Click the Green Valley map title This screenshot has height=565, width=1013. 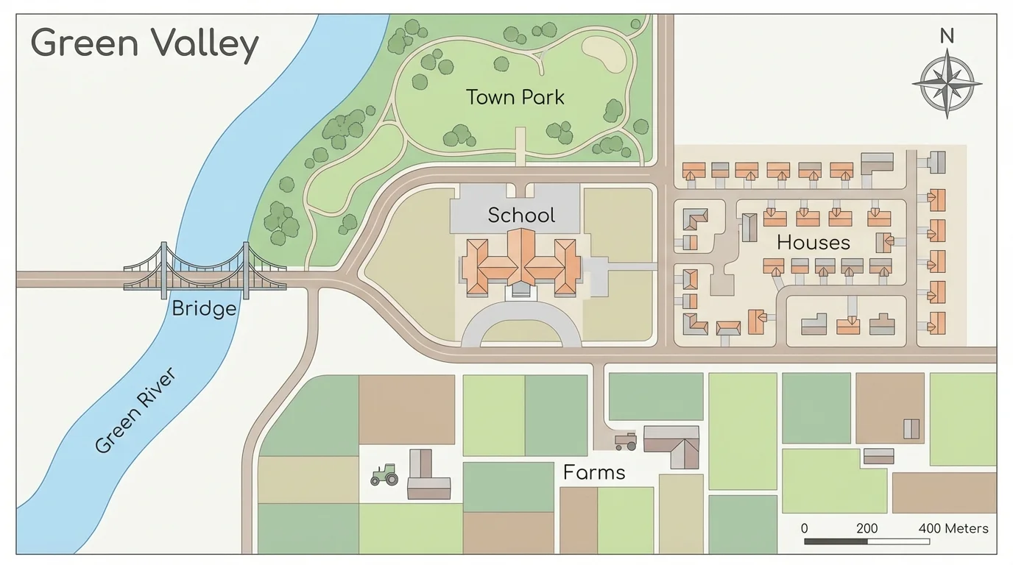[144, 43]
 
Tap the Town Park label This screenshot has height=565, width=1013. [515, 97]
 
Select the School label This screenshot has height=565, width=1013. [521, 216]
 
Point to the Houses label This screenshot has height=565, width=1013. [813, 243]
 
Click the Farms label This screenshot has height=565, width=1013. [594, 472]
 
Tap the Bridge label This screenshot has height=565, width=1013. [204, 308]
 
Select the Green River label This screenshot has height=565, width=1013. [136, 411]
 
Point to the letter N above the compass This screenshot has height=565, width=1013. [947, 35]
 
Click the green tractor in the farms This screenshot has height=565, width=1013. [384, 475]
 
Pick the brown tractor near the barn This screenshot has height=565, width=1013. [626, 441]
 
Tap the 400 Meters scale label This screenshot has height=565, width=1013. [953, 528]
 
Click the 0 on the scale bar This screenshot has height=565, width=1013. [805, 528]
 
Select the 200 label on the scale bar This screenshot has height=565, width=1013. [867, 528]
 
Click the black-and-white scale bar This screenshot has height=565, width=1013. [866, 542]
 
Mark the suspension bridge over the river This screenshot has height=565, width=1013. [205, 270]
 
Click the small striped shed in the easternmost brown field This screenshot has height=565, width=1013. [911, 429]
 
